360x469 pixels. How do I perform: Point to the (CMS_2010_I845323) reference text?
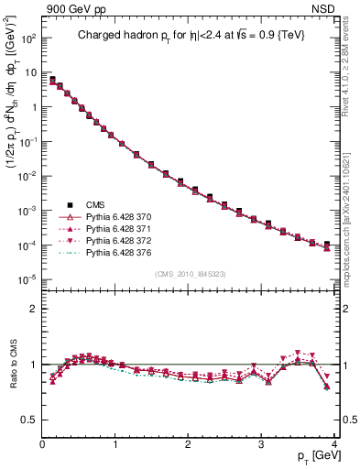pos(190,274)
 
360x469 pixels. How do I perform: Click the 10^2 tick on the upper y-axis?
pos(27,39)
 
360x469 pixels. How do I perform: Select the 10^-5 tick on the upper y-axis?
pos(27,279)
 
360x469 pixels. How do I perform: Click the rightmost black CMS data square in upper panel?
pos(327,245)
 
